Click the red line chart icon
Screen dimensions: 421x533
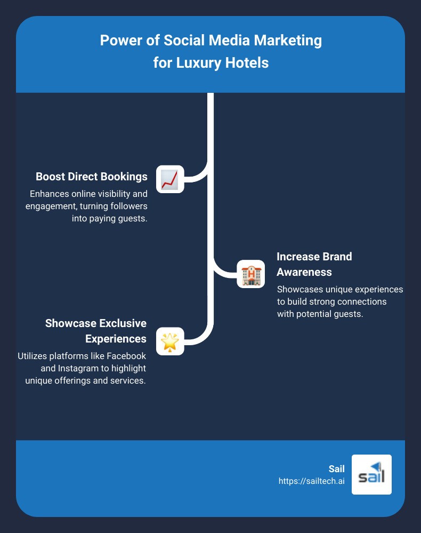[x=170, y=179]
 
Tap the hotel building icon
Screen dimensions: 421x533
[x=250, y=274]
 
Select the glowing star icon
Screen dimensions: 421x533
[x=170, y=341]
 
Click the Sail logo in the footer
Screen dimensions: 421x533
[x=371, y=474]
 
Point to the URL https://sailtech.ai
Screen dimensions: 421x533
[x=311, y=481]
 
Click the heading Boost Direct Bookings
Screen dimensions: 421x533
[x=92, y=177]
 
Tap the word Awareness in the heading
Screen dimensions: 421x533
[x=304, y=272]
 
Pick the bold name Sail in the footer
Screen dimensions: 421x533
[x=336, y=469]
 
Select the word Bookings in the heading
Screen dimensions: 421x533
[x=124, y=177]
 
